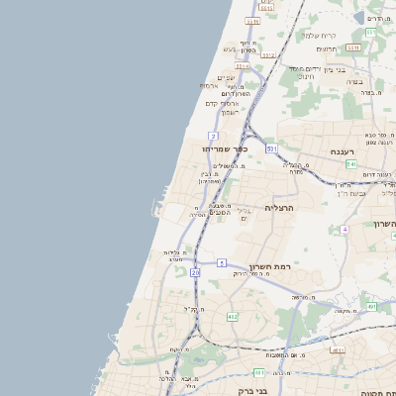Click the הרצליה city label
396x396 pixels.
click(x=280, y=208)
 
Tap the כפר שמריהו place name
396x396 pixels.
click(x=209, y=148)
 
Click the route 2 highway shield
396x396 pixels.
click(x=213, y=135)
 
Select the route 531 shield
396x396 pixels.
click(x=271, y=148)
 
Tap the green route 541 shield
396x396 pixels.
click(x=350, y=163)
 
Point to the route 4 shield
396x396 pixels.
click(x=345, y=229)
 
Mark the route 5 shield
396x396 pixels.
click(x=223, y=262)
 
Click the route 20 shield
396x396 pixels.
click(x=195, y=270)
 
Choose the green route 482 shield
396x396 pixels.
click(x=232, y=316)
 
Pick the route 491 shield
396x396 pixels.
click(x=371, y=307)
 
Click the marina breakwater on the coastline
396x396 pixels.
click(x=155, y=207)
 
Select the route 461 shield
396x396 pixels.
click(x=258, y=372)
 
